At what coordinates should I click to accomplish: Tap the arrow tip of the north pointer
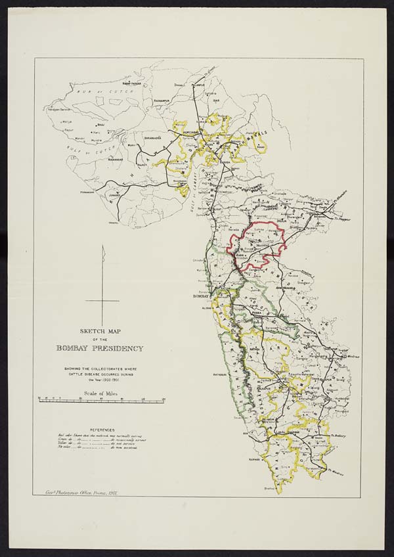tap(103, 247)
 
